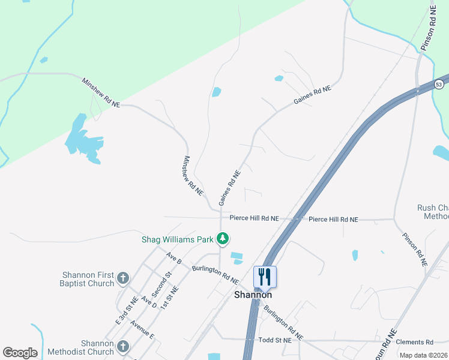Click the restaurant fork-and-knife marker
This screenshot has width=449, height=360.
pos(265,277)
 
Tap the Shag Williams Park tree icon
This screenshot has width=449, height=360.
pos(223,239)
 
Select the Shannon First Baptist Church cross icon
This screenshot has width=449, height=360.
pos(123,278)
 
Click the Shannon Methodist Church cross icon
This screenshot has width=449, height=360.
pos(123,346)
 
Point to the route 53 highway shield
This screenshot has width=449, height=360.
pos(439,84)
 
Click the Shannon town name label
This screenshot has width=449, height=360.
pos(253,295)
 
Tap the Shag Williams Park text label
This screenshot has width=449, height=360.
pos(178,239)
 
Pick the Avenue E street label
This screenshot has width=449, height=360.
pos(142,331)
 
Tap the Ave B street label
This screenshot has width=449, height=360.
pos(174,258)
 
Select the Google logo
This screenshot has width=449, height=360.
pos(20,353)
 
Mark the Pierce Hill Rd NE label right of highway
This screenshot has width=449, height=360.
pos(333,220)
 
